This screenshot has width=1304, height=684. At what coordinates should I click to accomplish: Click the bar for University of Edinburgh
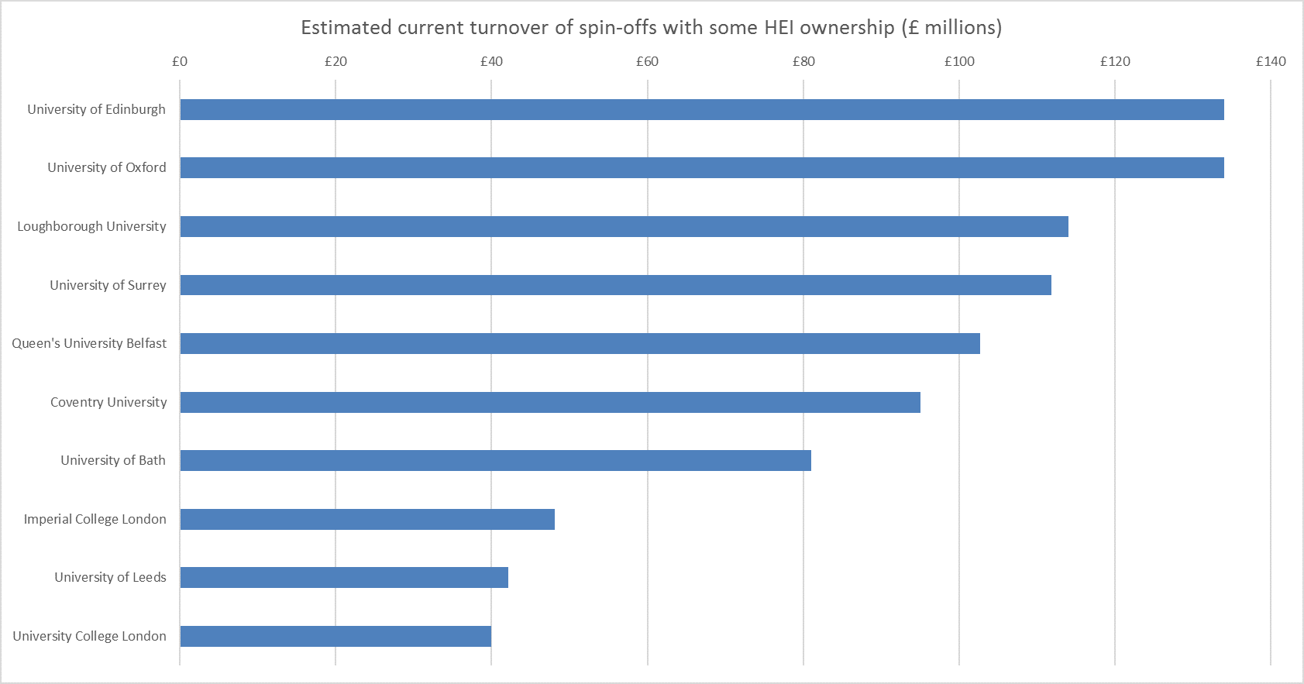tap(701, 109)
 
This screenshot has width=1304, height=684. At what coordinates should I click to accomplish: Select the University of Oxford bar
tap(701, 167)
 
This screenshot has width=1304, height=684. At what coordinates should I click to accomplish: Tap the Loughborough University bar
tap(624, 226)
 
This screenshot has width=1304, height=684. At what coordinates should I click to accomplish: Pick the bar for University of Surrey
tap(615, 285)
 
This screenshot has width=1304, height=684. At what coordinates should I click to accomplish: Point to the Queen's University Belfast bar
tap(580, 343)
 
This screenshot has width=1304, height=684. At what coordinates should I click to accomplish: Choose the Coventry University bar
tap(550, 402)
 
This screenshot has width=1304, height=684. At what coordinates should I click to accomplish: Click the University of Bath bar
tap(495, 460)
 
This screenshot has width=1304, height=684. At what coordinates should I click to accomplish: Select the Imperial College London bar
tap(367, 519)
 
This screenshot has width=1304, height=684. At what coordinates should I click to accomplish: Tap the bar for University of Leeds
tap(344, 577)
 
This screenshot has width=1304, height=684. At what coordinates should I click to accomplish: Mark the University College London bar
tap(335, 636)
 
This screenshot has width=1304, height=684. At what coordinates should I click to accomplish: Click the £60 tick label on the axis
tap(647, 61)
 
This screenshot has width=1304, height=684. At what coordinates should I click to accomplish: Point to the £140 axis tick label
tap(1271, 61)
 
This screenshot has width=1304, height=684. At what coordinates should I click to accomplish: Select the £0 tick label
tap(180, 61)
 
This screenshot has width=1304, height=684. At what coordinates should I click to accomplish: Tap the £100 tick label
tap(959, 61)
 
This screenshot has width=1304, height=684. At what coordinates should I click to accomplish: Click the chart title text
tap(651, 28)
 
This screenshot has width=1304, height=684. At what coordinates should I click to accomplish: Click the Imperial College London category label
tap(95, 519)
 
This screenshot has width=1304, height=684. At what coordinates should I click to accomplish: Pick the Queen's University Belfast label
tap(89, 343)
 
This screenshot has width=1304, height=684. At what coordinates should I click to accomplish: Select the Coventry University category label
tap(108, 402)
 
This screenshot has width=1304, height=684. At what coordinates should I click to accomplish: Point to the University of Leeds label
tap(110, 577)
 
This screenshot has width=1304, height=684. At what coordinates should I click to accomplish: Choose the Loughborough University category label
tap(91, 226)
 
